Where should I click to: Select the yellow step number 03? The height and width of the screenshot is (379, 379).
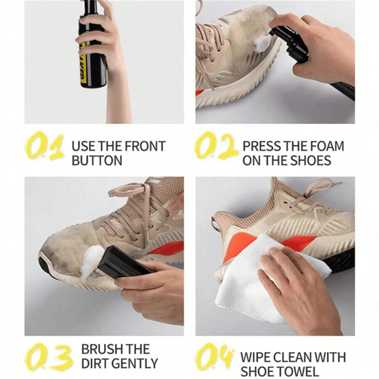tap(49, 357)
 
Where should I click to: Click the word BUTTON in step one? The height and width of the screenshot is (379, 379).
tap(97, 160)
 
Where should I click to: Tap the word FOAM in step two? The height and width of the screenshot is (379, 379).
tap(327, 146)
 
